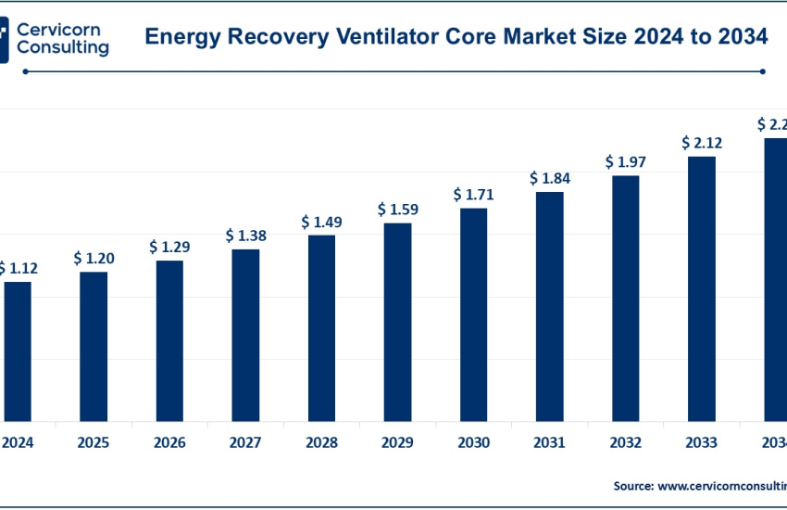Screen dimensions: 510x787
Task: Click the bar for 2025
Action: click(94, 346)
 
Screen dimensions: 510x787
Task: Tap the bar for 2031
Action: click(549, 306)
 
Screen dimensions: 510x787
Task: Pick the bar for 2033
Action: click(701, 288)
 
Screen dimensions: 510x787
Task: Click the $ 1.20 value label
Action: click(94, 258)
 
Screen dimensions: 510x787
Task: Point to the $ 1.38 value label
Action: click(245, 236)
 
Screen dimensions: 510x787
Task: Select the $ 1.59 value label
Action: click(397, 210)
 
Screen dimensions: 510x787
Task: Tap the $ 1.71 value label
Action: click(473, 195)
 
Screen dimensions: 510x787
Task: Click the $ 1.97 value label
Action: click(625, 162)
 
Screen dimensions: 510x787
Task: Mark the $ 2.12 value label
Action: click(701, 143)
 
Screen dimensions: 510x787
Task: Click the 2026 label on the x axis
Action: click(169, 442)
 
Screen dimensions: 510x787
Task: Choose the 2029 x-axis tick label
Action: click(397, 442)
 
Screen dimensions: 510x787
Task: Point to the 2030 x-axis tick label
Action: click(473, 442)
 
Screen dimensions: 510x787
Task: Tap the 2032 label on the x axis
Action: click(625, 442)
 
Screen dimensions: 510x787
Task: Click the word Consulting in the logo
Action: click(62, 47)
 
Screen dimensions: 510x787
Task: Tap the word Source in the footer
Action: click(633, 486)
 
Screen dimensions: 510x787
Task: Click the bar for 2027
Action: click(245, 335)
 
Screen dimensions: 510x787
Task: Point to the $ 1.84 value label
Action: click(549, 178)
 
